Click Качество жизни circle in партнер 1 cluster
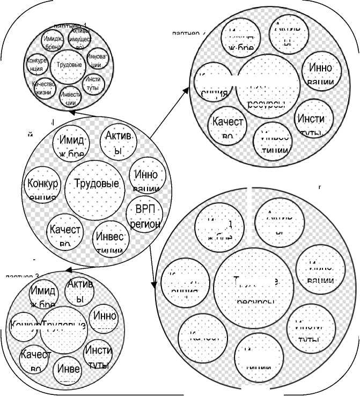click(x=44, y=87)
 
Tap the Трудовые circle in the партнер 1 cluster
click(x=69, y=65)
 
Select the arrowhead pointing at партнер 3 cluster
click(x=66, y=268)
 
